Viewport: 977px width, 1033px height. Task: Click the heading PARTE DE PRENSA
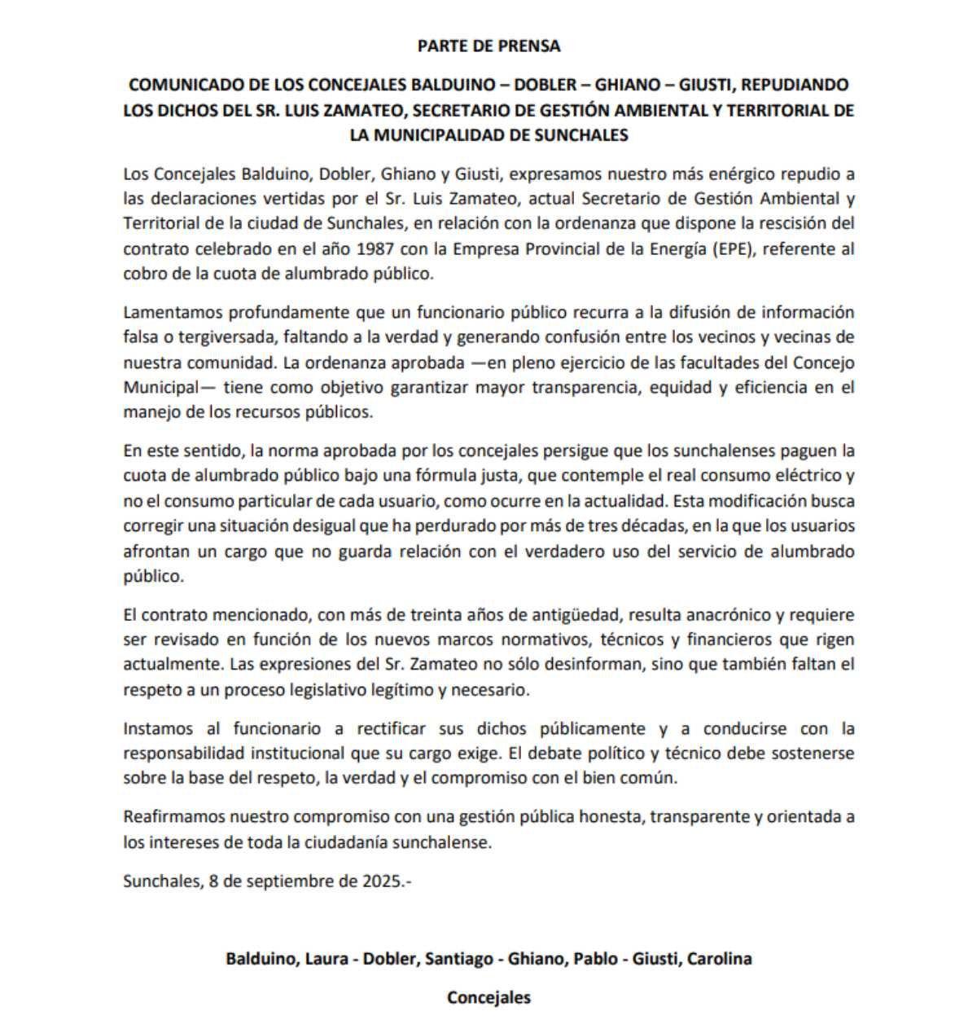point(488,46)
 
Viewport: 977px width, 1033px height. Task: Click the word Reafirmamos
point(173,816)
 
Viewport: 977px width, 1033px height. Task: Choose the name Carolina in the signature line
point(719,958)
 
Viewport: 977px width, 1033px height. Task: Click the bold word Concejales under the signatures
point(488,997)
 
